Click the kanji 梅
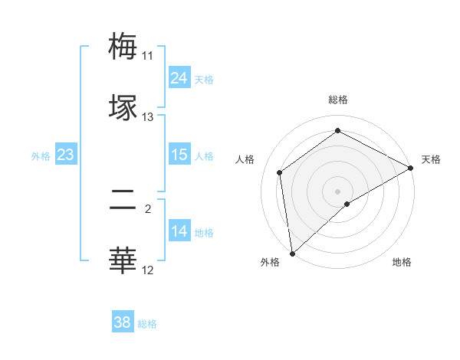click(x=123, y=46)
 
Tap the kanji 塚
click(x=123, y=107)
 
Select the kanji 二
click(x=123, y=201)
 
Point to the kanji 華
click(x=123, y=260)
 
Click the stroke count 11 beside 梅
click(x=148, y=56)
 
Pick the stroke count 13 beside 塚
click(x=148, y=117)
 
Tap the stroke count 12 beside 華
click(x=148, y=270)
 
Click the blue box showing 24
click(x=179, y=78)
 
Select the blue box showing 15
click(x=179, y=155)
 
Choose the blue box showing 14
click(x=179, y=231)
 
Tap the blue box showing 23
click(x=66, y=155)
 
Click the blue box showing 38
click(x=123, y=322)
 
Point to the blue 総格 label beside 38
click(x=147, y=324)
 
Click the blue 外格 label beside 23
click(x=41, y=156)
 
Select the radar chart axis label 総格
click(x=338, y=100)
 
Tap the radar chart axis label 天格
click(x=432, y=159)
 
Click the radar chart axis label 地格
click(x=402, y=262)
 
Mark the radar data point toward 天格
click(x=411, y=168)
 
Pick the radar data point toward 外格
click(x=292, y=253)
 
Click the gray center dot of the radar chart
click(x=338, y=191)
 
